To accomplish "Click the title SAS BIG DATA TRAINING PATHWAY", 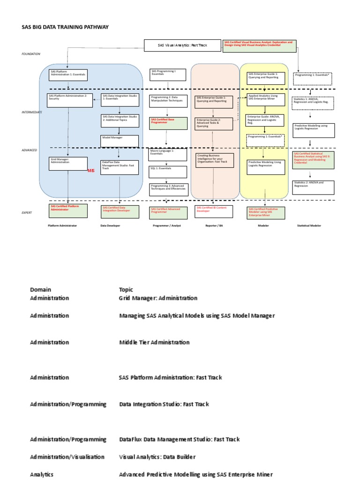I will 65,27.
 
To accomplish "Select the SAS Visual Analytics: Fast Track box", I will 182,45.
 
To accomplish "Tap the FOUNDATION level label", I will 31,54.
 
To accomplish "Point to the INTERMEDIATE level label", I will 32,112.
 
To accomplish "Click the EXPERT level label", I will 27,212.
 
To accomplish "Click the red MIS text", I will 91,171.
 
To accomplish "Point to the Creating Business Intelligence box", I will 214,160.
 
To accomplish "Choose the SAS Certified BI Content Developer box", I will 214,211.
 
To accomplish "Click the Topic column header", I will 126,290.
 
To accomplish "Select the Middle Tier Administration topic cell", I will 154,342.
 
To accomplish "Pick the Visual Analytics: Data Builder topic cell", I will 157,457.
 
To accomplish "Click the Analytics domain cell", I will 42,474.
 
